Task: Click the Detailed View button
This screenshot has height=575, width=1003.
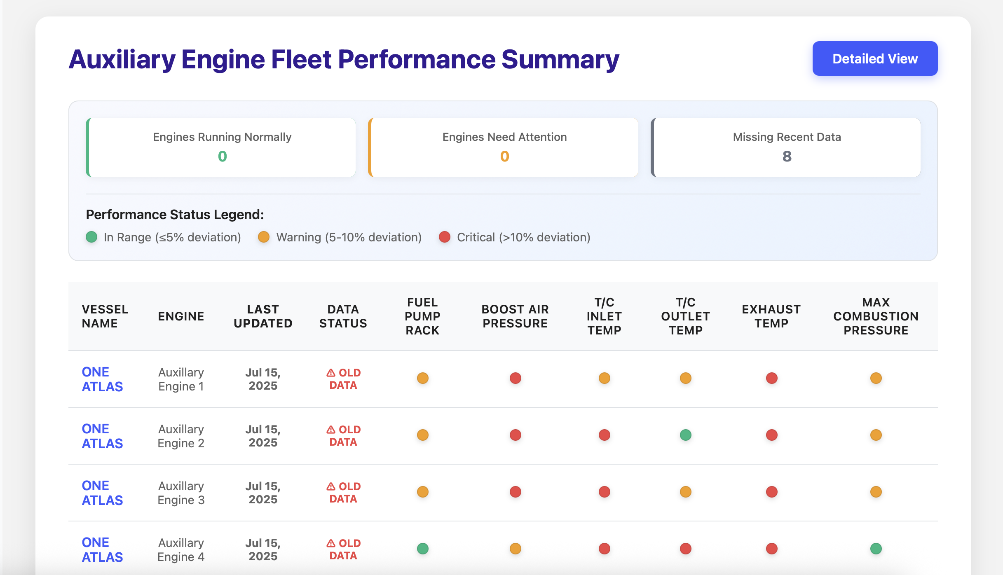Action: click(x=874, y=58)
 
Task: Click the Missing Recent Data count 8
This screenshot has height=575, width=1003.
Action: click(x=786, y=156)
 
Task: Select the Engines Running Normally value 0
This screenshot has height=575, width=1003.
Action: click(x=222, y=156)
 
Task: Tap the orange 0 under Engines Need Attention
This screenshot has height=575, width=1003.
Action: click(x=504, y=156)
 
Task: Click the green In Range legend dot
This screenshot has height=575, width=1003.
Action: click(x=91, y=237)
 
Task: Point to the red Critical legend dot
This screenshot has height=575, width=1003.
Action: click(x=444, y=237)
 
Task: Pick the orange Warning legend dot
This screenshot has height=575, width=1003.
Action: click(x=263, y=237)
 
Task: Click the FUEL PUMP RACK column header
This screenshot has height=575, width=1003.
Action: click(x=422, y=316)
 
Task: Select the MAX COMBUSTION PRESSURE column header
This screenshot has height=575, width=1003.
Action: click(x=876, y=316)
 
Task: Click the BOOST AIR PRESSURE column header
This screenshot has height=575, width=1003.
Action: click(x=515, y=316)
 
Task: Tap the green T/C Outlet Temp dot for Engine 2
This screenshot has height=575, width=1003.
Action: click(x=685, y=435)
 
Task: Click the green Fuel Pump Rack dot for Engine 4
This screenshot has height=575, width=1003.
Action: click(x=422, y=548)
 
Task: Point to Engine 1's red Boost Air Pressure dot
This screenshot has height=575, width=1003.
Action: click(x=515, y=378)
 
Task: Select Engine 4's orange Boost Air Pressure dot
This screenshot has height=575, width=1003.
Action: click(x=515, y=548)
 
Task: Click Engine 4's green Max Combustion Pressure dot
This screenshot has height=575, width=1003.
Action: click(x=876, y=548)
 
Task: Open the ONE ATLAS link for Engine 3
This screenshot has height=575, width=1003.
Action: click(x=102, y=492)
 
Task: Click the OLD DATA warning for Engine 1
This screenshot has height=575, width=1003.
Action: click(x=343, y=379)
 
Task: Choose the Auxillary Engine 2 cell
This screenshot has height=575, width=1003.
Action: click(x=181, y=436)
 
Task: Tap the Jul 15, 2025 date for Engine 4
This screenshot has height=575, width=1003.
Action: click(x=262, y=549)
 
